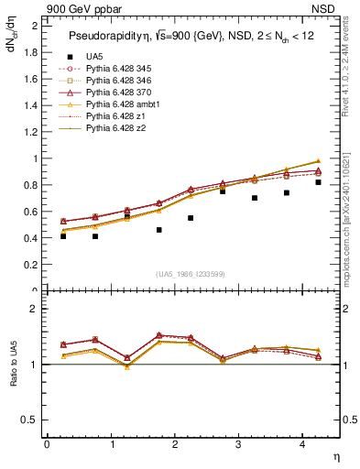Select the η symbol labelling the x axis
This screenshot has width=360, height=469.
click(335, 455)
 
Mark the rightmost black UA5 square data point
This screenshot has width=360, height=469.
click(318, 182)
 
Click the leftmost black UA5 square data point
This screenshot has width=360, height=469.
click(63, 235)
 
